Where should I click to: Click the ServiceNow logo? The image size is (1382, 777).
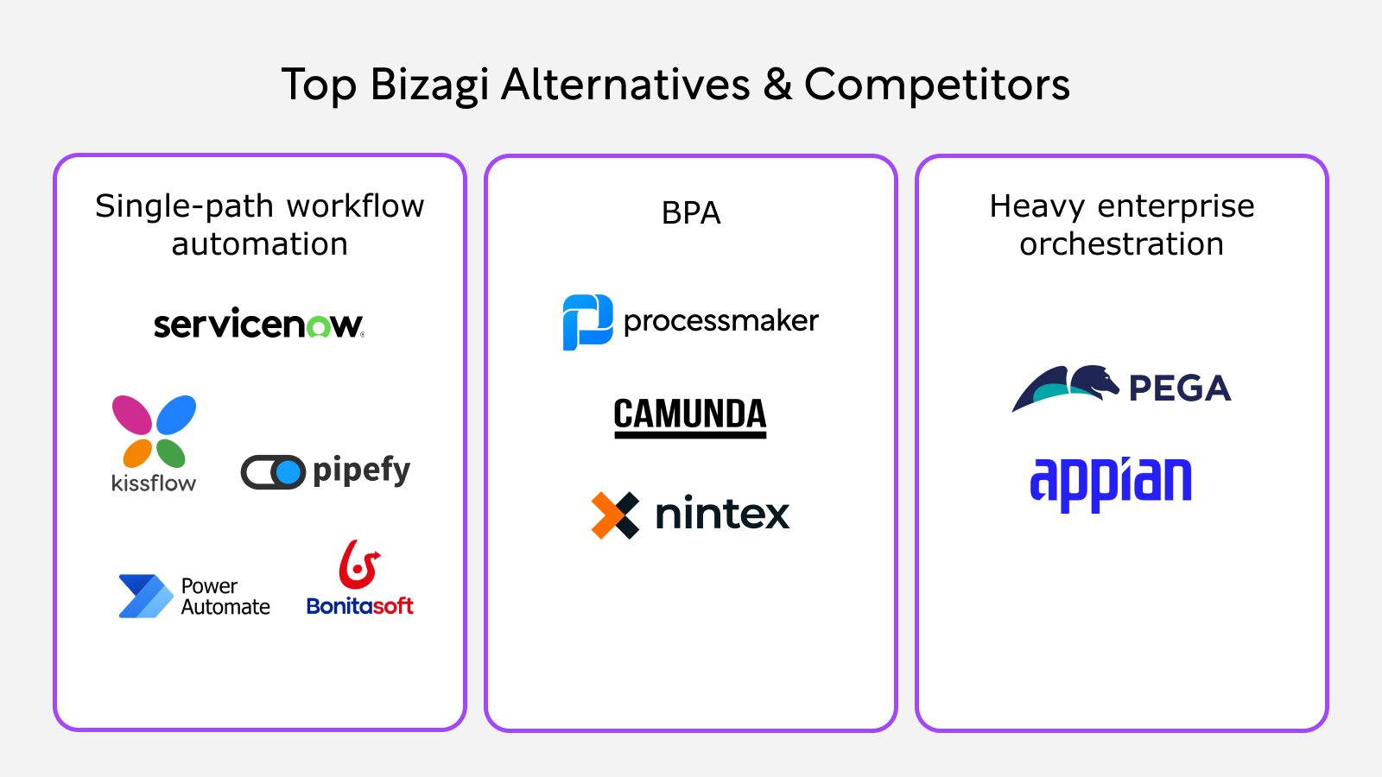[x=258, y=325]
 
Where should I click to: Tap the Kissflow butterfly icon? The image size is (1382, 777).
[x=155, y=431]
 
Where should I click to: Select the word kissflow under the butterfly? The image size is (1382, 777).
[x=154, y=483]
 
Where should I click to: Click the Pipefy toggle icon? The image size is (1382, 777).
[x=273, y=472]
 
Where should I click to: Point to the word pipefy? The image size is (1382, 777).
[x=361, y=471]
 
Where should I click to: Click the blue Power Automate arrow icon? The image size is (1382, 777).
[x=144, y=596]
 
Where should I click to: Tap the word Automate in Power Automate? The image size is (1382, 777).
[x=225, y=607]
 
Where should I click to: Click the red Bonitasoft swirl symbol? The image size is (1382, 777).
[x=358, y=564]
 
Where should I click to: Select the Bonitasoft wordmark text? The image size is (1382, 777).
[x=359, y=606]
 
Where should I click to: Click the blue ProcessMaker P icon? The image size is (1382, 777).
[x=587, y=322]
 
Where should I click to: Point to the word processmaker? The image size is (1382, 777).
[x=720, y=321]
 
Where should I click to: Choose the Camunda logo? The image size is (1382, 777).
[x=690, y=416]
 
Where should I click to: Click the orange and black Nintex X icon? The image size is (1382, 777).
[x=615, y=515]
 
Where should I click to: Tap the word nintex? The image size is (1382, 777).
[x=722, y=514]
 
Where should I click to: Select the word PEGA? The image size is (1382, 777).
[x=1180, y=388]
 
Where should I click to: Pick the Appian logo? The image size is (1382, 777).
[x=1111, y=483]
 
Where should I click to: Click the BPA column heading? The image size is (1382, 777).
[x=691, y=212]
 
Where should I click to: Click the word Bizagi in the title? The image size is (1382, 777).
[x=429, y=85]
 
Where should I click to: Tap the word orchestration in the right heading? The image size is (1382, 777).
[x=1121, y=244]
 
